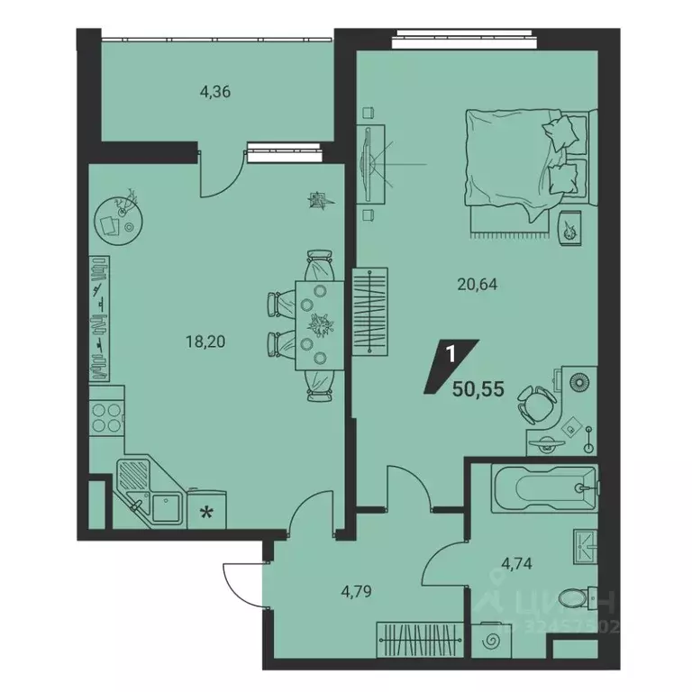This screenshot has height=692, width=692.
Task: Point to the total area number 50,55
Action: [479, 390]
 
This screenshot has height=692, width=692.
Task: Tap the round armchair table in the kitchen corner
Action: [118, 217]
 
